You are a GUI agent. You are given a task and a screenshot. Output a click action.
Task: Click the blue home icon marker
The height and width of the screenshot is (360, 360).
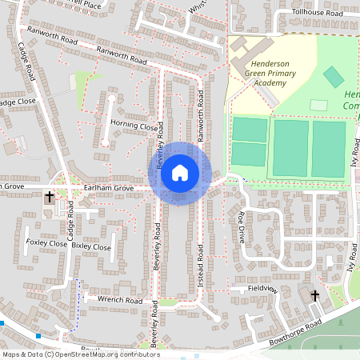point(180,173)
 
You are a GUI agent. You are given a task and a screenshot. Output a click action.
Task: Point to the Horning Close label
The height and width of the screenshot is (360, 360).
point(134,126)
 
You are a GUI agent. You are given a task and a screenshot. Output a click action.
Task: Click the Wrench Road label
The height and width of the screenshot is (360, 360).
point(119,300)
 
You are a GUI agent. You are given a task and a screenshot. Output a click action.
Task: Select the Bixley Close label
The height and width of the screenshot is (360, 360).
point(91,247)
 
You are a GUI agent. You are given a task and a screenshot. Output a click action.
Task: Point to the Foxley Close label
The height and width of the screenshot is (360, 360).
point(46,242)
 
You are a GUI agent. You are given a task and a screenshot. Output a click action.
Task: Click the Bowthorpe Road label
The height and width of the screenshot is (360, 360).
point(295,323)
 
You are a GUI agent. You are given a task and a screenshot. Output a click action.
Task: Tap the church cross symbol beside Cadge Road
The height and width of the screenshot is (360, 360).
point(49,196)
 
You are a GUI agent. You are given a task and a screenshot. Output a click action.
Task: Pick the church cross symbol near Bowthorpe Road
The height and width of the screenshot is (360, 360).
point(314,297)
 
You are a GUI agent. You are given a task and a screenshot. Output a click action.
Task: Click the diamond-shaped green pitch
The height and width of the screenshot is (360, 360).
point(334,78)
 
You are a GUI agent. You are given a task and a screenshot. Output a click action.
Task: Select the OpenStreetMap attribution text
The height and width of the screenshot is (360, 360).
point(80,354)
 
